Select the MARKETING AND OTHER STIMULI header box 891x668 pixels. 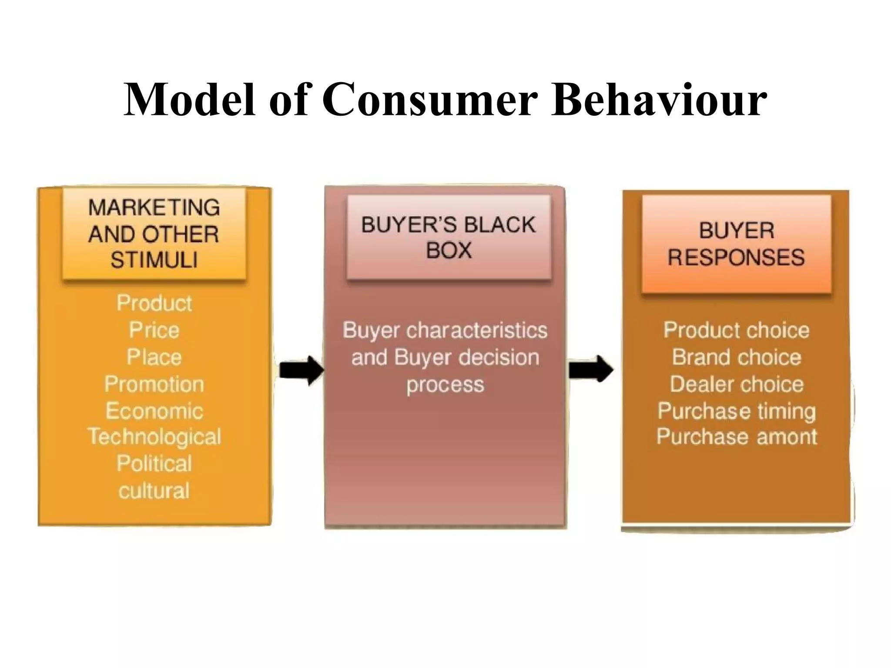(x=154, y=234)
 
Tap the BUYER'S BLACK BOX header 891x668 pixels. (x=449, y=237)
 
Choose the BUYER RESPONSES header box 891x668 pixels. (x=736, y=244)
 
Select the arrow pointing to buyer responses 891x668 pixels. (x=590, y=370)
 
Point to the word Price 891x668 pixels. (x=154, y=330)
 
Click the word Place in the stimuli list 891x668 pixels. (x=154, y=357)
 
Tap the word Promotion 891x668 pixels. (x=154, y=384)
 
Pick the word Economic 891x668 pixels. (x=154, y=411)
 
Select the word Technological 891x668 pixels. (x=154, y=437)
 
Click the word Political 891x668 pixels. (x=154, y=464)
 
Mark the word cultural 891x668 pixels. (x=154, y=491)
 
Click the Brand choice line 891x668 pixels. (x=736, y=357)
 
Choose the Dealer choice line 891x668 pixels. (x=736, y=384)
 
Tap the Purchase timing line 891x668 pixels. (x=736, y=411)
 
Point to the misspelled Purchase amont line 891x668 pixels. (x=736, y=437)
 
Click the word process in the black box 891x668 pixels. (x=445, y=385)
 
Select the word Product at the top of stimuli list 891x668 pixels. (x=154, y=303)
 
